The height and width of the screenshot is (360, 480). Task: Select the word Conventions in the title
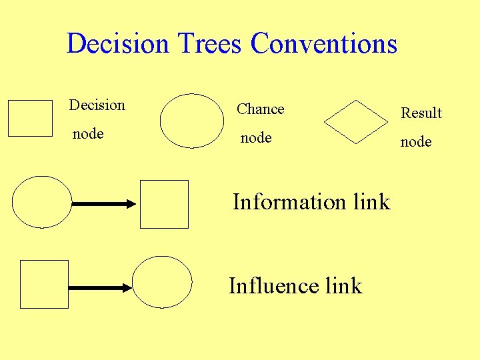[x=324, y=44]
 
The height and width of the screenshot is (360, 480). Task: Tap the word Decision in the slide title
[x=118, y=44]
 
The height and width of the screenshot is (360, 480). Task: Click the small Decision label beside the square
[x=97, y=105]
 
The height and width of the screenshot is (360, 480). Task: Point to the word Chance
[x=261, y=109]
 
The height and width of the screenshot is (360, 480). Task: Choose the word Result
[x=421, y=113]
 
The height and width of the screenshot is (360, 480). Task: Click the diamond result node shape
[x=356, y=122]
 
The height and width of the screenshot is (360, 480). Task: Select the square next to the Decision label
[x=30, y=118]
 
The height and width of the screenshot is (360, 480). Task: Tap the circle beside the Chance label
[x=193, y=121]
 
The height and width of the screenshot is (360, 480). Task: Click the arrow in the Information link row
[x=103, y=205]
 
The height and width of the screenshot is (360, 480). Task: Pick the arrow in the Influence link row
[x=101, y=288]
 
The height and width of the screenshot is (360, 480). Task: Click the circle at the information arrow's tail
[x=41, y=202]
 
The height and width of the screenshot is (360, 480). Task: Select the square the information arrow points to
[x=165, y=204]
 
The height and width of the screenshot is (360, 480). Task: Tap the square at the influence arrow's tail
[x=45, y=284]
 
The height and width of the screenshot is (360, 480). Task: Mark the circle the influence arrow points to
[x=162, y=282]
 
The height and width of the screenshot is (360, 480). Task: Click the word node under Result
[x=416, y=142]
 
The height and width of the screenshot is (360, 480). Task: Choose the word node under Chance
[x=256, y=138]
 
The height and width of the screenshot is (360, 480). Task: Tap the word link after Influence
[x=343, y=286]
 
